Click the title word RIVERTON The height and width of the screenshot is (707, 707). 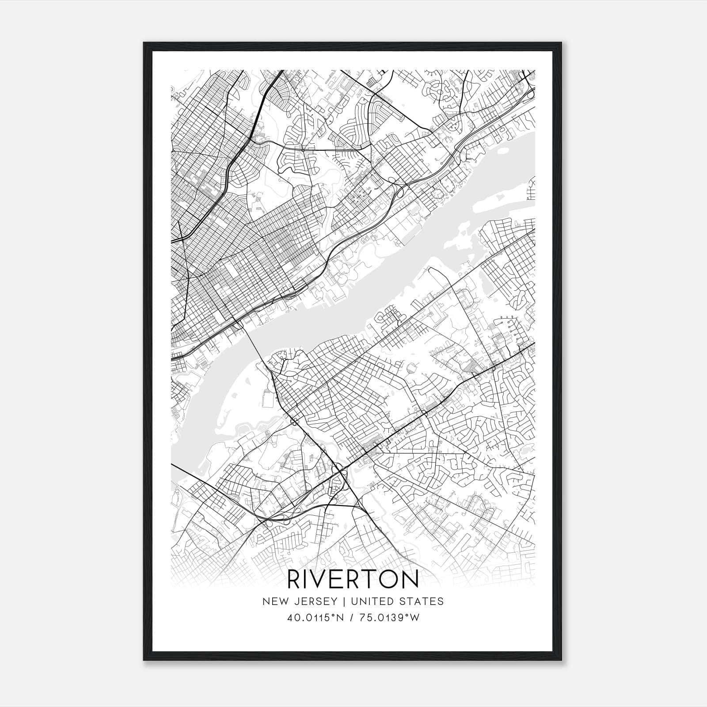[353, 579]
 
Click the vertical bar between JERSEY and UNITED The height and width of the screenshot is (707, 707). [343, 601]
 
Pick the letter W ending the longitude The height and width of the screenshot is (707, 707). [415, 618]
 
